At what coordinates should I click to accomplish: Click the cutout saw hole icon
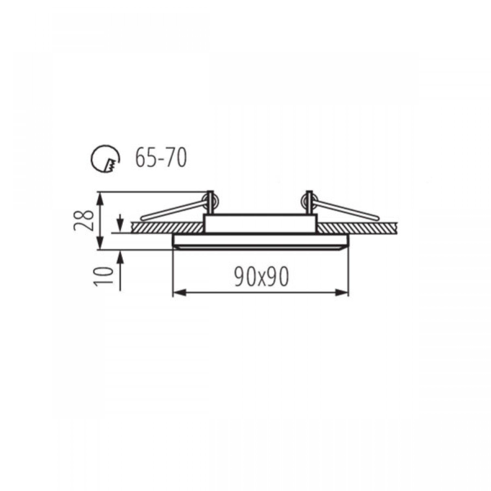105,158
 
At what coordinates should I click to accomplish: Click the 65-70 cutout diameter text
161,158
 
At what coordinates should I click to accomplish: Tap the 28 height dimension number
81,220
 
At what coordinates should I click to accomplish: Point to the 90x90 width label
262,276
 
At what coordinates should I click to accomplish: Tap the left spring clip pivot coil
210,200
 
